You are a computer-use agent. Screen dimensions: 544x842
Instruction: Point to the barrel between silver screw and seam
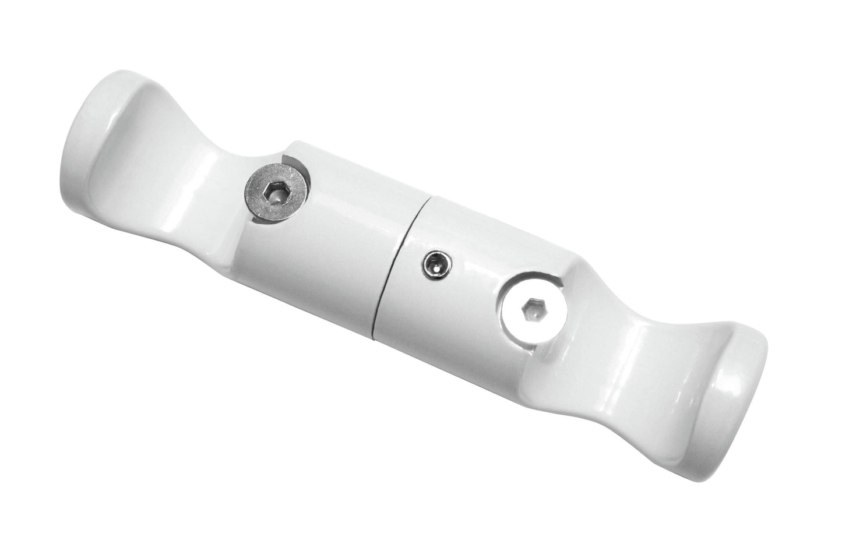(x=350, y=233)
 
